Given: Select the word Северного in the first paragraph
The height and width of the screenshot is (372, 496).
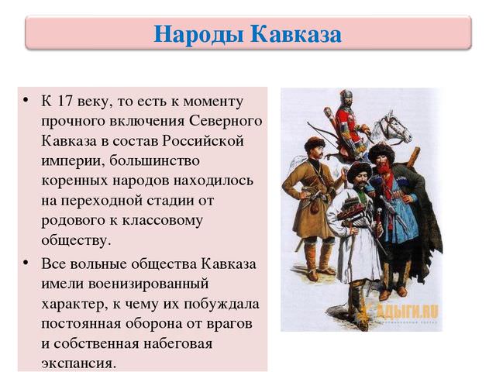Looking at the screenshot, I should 225,122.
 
